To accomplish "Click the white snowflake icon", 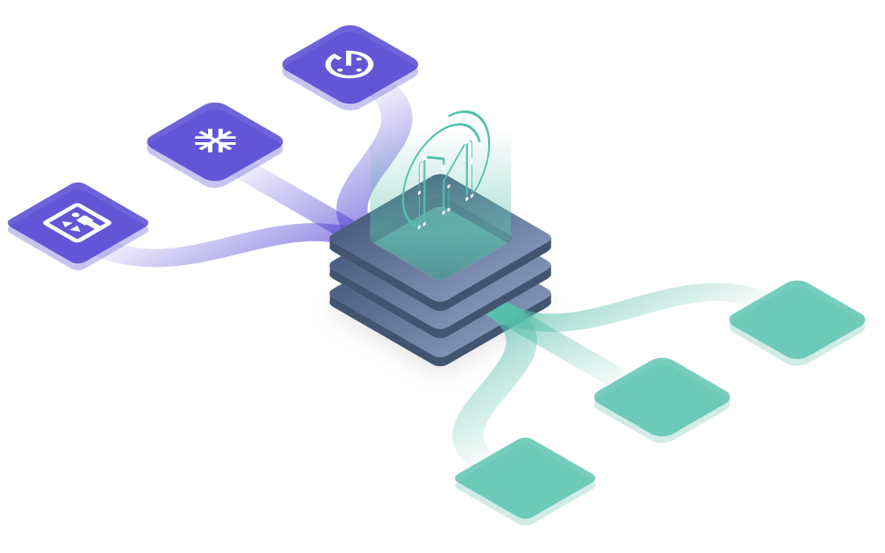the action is click(x=214, y=140).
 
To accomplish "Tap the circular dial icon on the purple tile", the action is click(x=349, y=63).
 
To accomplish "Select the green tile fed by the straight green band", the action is click(x=662, y=395).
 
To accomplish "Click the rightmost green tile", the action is click(x=797, y=319).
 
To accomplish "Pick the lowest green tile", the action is click(x=525, y=477).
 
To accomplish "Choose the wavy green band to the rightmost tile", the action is click(x=650, y=303).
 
